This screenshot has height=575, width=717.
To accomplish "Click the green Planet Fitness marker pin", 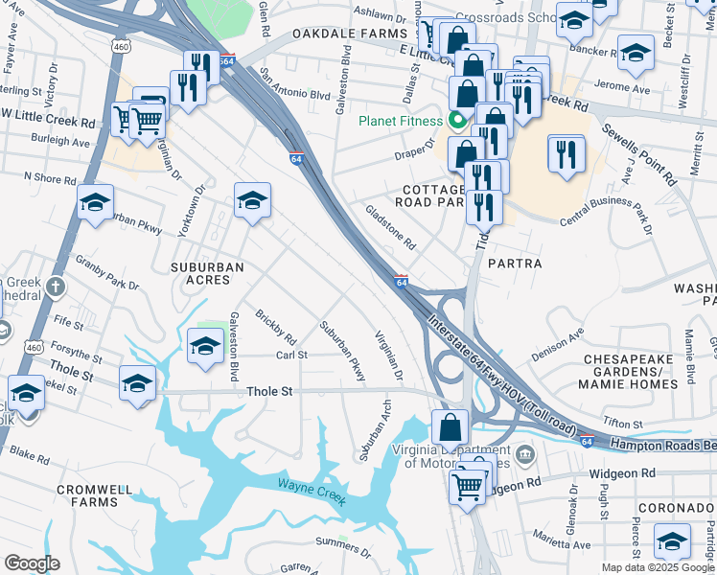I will (x=456, y=121).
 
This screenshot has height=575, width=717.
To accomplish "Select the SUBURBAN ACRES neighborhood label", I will (x=200, y=273).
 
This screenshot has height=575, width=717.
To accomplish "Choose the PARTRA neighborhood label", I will (x=515, y=263).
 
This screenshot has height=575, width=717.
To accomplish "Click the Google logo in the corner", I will (x=31, y=563).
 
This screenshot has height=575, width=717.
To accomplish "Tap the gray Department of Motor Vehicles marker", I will (x=523, y=452).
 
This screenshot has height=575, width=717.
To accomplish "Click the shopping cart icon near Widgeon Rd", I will (x=467, y=486).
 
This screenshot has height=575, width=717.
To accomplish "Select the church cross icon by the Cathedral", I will (x=57, y=287).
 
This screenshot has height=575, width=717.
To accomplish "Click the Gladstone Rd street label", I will (x=389, y=227).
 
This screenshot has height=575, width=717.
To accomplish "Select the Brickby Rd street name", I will (x=275, y=327).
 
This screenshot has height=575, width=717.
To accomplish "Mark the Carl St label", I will (x=290, y=355).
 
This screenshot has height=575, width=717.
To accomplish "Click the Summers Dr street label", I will (x=343, y=548).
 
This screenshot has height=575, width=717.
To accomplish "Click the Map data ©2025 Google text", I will (x=658, y=567).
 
